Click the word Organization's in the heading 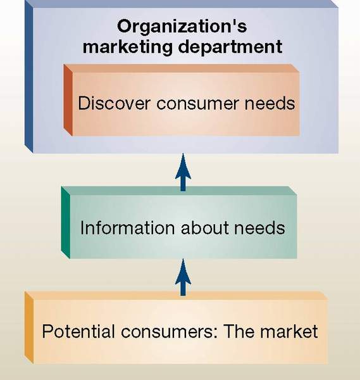[182, 26]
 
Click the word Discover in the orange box [114, 103]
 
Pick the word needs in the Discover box [270, 103]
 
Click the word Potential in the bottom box [78, 331]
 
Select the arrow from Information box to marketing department [183, 172]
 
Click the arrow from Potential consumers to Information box [183, 277]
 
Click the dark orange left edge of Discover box [68, 100]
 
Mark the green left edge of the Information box [66, 222]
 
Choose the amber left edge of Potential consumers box [29, 327]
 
